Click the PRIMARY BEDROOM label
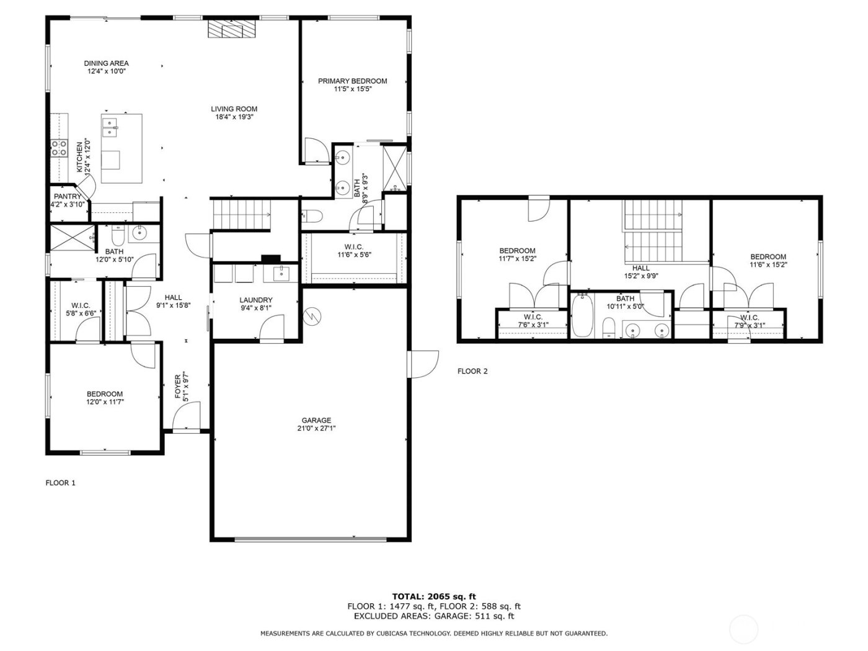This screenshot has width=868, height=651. (x=352, y=81)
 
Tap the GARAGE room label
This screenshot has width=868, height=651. (x=316, y=420)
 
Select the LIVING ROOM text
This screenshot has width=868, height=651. (x=234, y=109)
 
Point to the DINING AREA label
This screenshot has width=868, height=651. (x=106, y=63)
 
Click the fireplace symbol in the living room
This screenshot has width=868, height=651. (x=225, y=30)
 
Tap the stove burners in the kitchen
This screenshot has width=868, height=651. (x=60, y=148)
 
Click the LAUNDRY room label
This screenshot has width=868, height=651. (x=256, y=300)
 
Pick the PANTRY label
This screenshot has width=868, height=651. (x=67, y=197)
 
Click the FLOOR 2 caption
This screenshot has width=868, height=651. (x=472, y=371)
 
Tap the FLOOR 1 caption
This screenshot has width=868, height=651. (x=61, y=483)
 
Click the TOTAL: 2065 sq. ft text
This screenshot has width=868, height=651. (x=434, y=597)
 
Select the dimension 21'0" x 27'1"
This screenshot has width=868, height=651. (x=316, y=428)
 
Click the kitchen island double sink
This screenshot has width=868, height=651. (x=110, y=127)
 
